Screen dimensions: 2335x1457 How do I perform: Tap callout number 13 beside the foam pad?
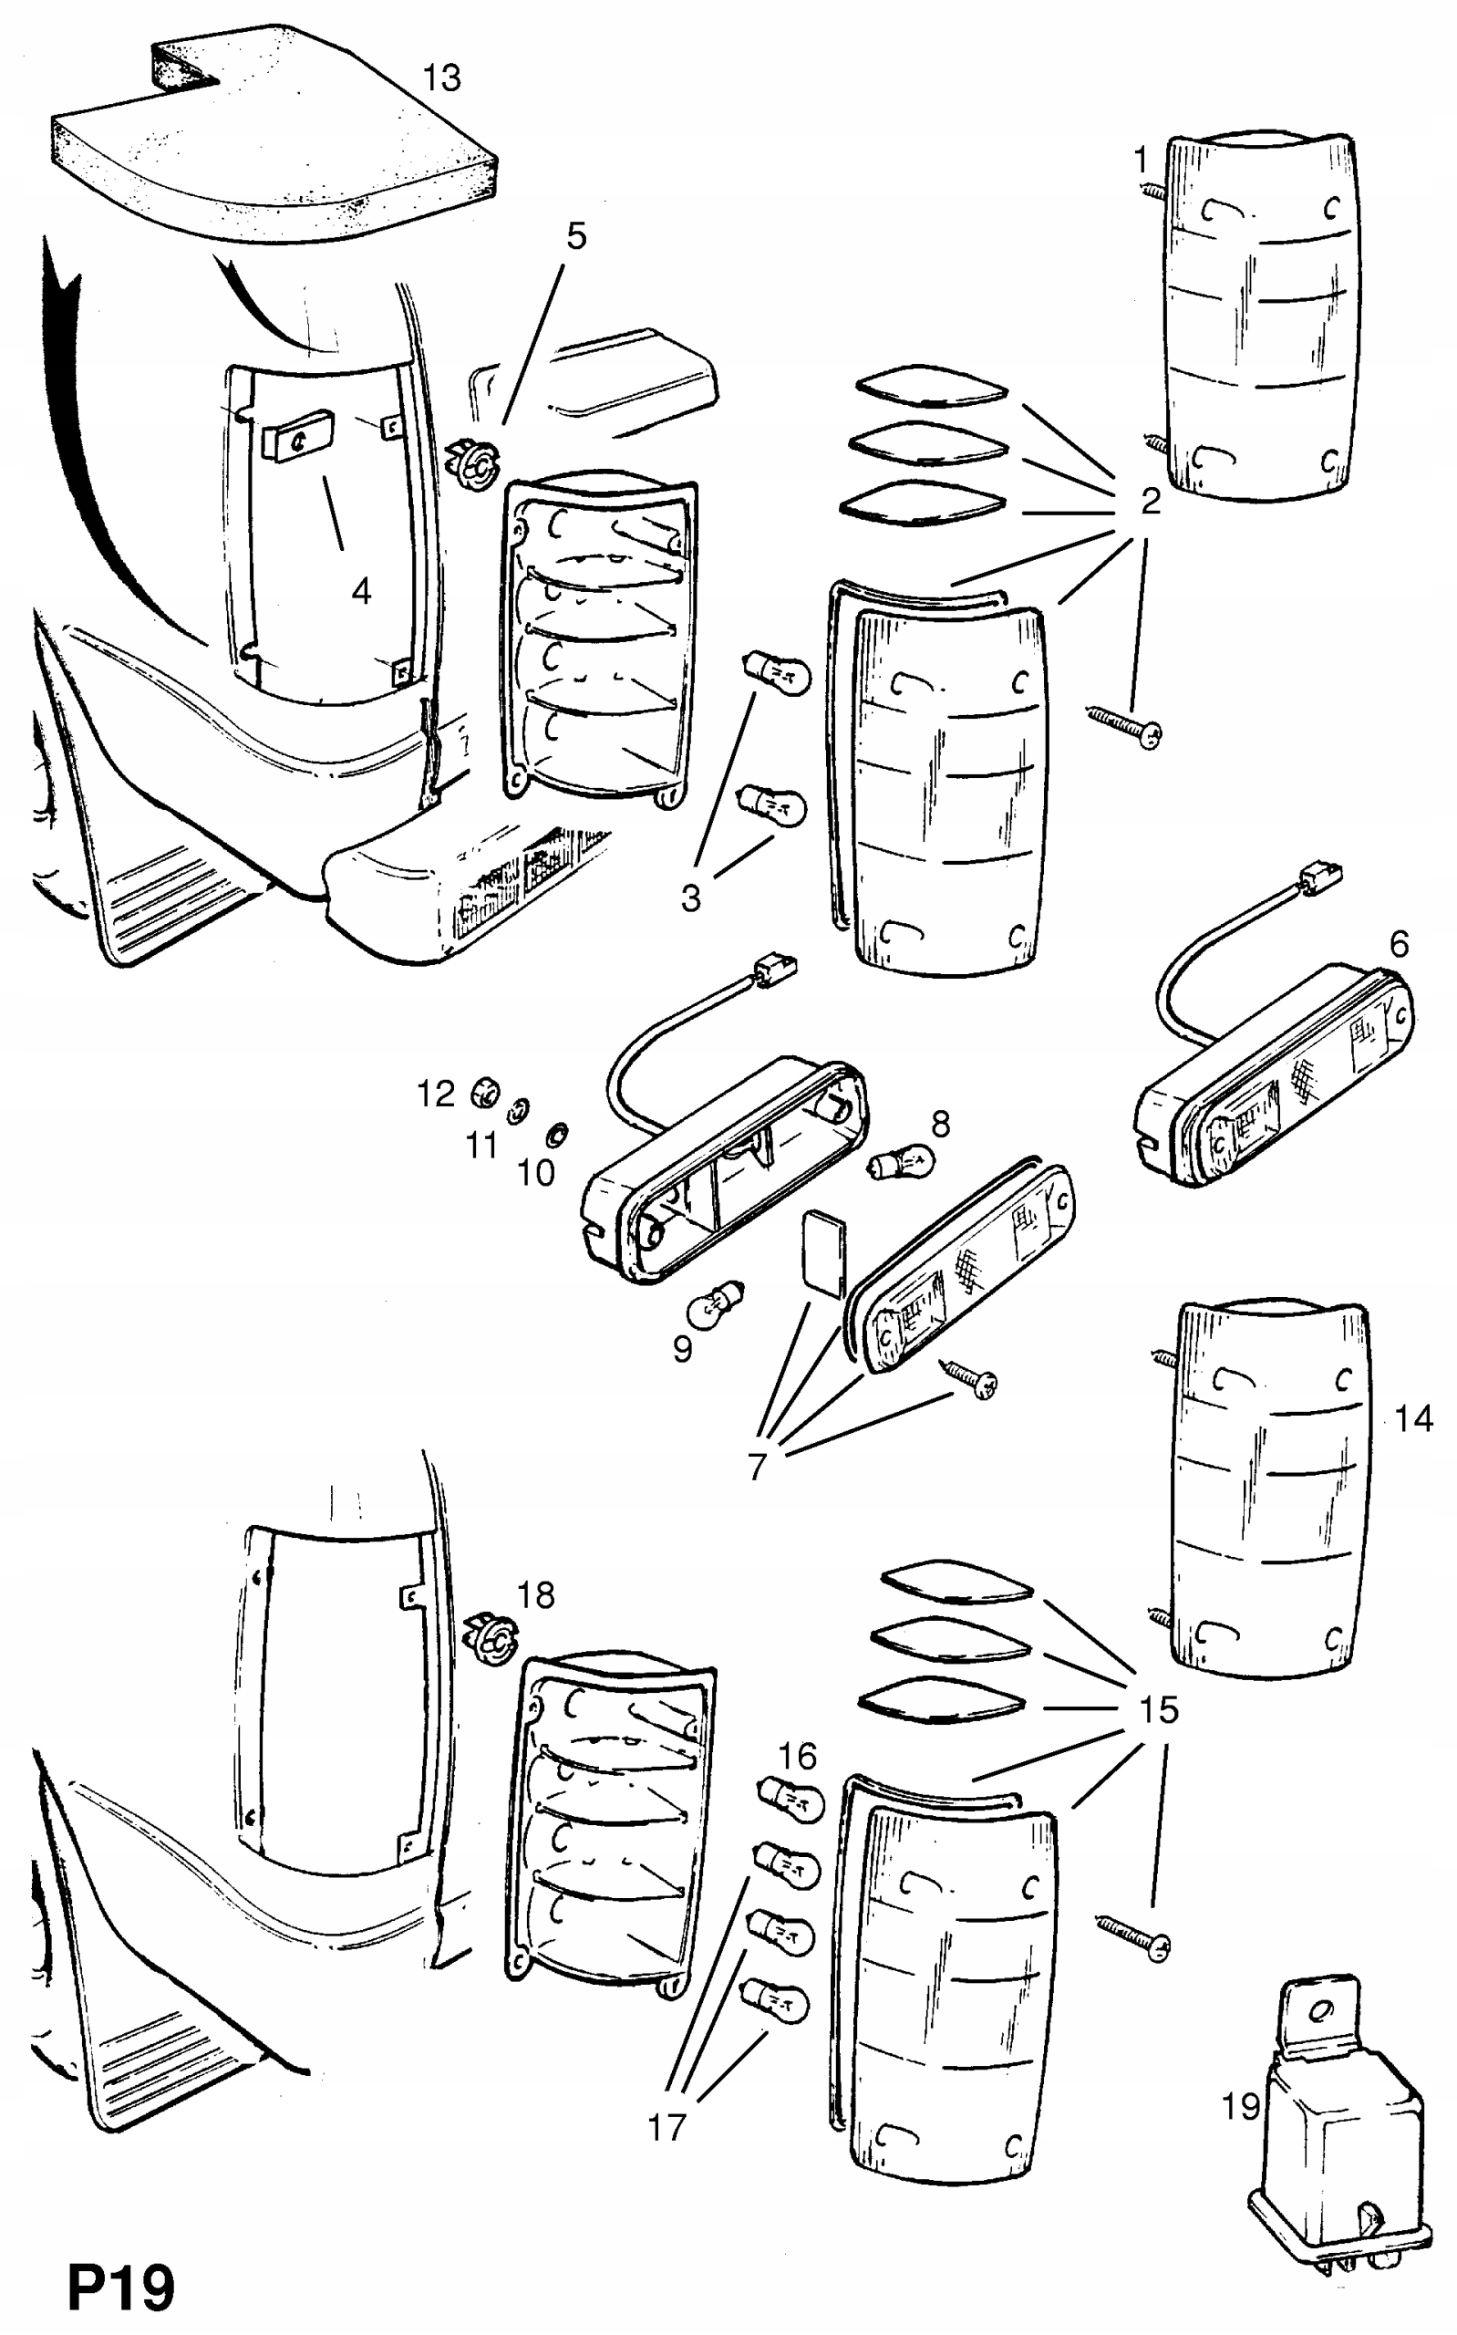point(442,78)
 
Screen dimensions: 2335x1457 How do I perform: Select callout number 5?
point(576,235)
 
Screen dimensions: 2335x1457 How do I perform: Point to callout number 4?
point(361,591)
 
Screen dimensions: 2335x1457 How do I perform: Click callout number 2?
point(1151,501)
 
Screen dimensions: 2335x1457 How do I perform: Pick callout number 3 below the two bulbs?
point(691,898)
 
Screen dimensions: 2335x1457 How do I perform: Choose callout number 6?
point(1400,943)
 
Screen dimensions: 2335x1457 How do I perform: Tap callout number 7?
point(758,1467)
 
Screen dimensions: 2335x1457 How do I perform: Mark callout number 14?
point(1413,1417)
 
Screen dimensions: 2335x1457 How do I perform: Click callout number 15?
point(1159,1709)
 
